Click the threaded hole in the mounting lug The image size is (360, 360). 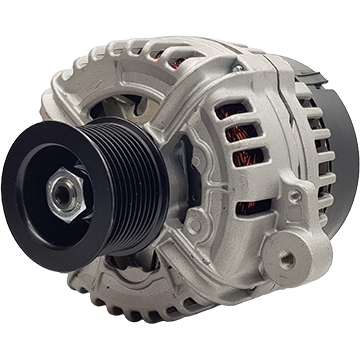[x=287, y=258]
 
